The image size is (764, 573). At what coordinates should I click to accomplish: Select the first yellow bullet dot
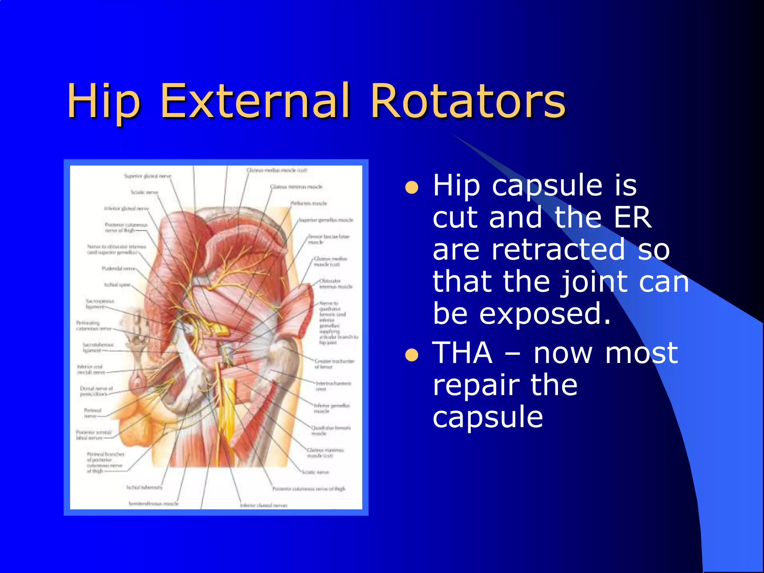point(412,188)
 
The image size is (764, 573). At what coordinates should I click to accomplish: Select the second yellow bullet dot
point(412,355)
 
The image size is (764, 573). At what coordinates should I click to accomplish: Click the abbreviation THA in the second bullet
point(462,353)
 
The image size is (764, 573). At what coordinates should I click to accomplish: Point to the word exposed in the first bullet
point(545,314)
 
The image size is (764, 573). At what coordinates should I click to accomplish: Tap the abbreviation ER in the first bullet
point(633,217)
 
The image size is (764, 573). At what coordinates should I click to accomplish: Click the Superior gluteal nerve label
point(148,176)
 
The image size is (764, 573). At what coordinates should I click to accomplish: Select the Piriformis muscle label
point(309,203)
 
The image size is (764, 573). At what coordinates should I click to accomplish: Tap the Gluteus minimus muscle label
point(296,187)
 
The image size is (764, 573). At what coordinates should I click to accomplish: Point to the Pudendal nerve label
point(119,269)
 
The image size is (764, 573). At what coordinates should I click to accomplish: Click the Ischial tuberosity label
point(144,487)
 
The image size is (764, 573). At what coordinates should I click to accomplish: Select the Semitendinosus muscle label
point(153,504)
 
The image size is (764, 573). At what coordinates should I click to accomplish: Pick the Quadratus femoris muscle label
point(331,430)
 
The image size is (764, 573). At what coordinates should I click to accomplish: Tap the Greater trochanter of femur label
point(334,364)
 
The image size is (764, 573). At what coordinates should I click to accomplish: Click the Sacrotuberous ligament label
point(98,347)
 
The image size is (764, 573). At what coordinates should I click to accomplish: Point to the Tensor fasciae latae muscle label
point(328,239)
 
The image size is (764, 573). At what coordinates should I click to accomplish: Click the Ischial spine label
point(117,285)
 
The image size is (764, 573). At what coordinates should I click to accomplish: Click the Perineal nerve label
point(92,413)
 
